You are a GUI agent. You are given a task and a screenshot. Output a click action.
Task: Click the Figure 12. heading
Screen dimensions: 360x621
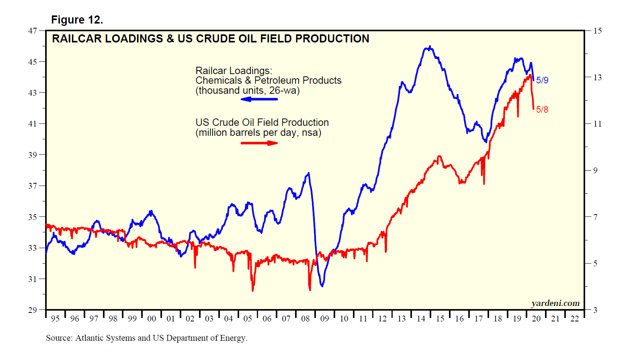pyautogui.click(x=77, y=20)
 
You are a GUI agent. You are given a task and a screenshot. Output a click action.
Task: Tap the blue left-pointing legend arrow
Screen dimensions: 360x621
pyautogui.click(x=259, y=99)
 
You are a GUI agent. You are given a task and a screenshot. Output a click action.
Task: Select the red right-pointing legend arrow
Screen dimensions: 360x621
pyautogui.click(x=259, y=143)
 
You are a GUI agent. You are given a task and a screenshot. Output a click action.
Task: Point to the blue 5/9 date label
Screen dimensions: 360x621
pyautogui.click(x=542, y=80)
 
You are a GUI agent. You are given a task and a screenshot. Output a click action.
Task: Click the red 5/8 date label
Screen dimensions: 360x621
pyautogui.click(x=542, y=110)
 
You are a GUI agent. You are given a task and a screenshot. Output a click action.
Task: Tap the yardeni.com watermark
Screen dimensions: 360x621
pyautogui.click(x=555, y=303)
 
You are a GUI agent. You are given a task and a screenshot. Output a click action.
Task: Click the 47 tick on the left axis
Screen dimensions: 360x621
pyautogui.click(x=32, y=30)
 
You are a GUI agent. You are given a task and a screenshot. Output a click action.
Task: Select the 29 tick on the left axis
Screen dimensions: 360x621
pyautogui.click(x=32, y=310)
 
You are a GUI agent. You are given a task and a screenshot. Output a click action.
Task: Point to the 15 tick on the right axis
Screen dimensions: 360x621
pyautogui.click(x=597, y=31)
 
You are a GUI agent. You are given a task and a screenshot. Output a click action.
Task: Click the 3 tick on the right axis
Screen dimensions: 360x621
pyautogui.click(x=595, y=310)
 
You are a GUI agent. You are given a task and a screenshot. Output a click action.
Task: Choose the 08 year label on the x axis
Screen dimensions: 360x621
pyautogui.click(x=305, y=319)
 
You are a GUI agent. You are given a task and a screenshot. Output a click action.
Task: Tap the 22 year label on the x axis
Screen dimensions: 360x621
pyautogui.click(x=574, y=319)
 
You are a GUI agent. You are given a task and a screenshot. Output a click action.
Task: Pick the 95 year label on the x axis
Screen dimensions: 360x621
pyautogui.click(x=55, y=319)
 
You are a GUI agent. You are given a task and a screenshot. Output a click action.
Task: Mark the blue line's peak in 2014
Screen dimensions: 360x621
pyautogui.click(x=430, y=47)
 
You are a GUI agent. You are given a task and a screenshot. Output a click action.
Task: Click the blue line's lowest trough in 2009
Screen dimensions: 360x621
pyautogui.click(x=322, y=286)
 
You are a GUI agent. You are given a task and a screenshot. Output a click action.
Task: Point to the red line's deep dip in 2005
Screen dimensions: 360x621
pyautogui.click(x=253, y=290)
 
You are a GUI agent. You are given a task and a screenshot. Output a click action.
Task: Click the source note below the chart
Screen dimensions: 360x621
pyautogui.click(x=147, y=338)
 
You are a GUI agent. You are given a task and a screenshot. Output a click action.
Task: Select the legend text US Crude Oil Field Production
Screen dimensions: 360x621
pyautogui.click(x=262, y=123)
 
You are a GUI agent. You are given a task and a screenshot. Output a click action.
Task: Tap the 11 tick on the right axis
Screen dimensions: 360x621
pyautogui.click(x=597, y=124)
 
